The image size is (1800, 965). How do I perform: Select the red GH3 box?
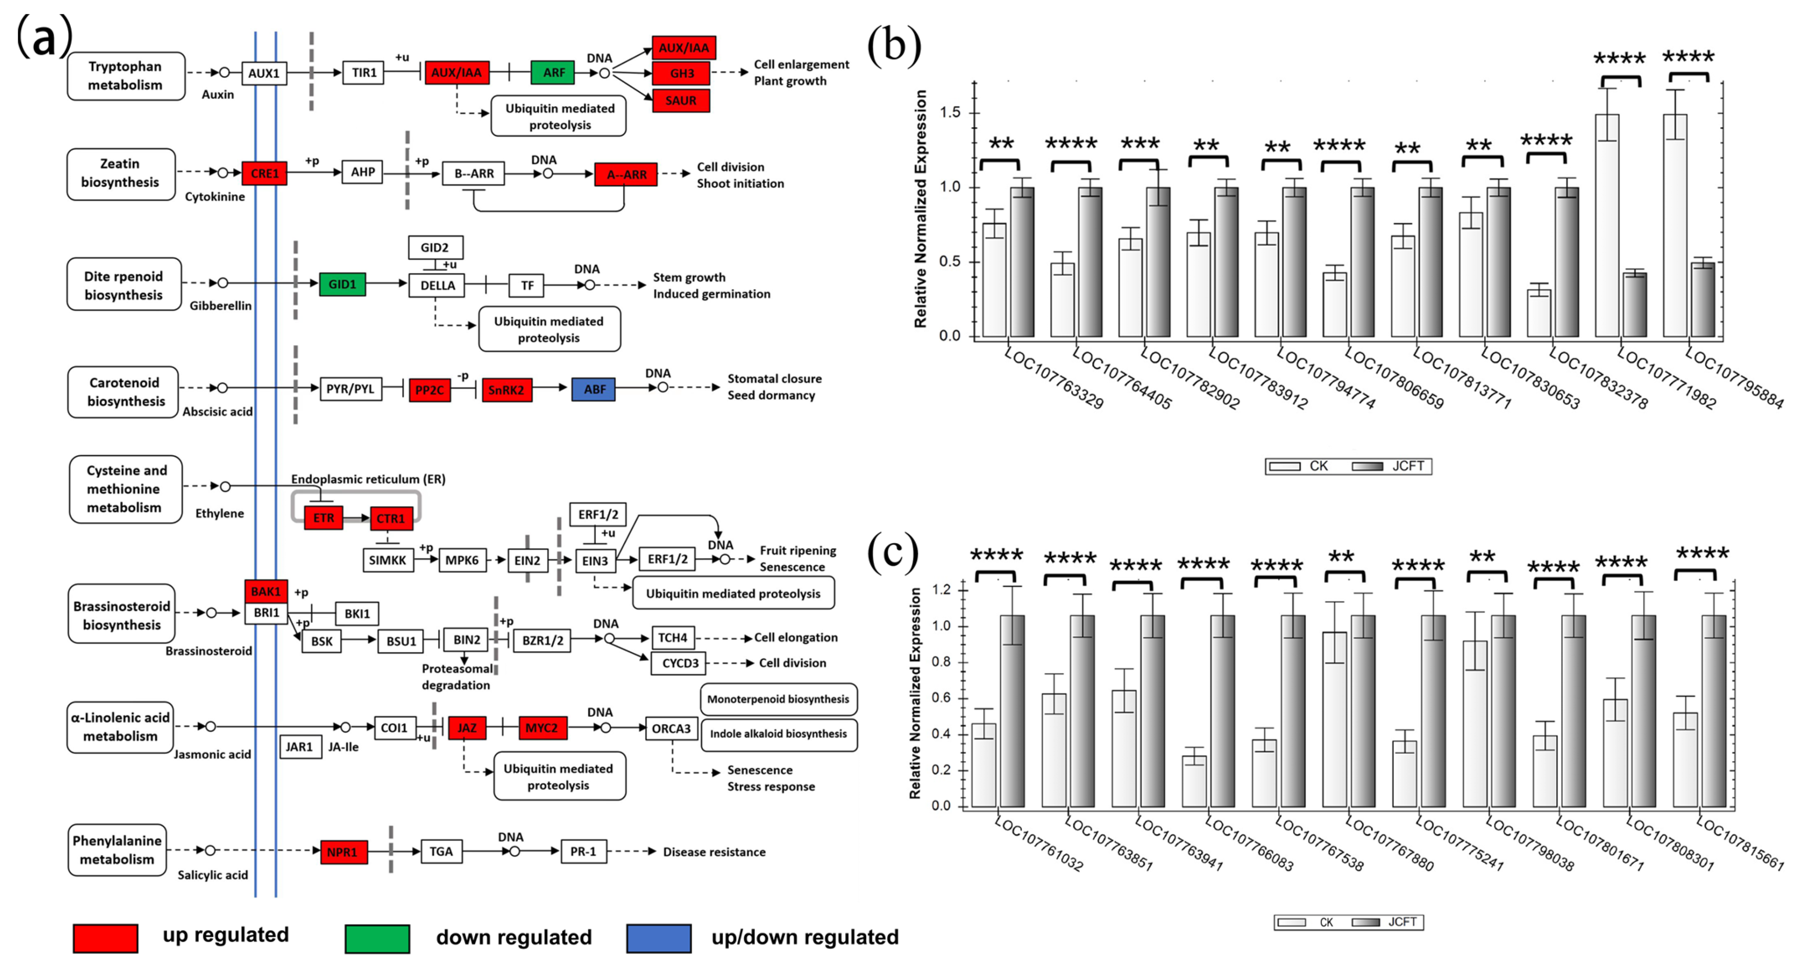tap(681, 73)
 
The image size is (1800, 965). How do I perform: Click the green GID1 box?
tap(343, 284)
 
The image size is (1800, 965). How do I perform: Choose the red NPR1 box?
tap(343, 852)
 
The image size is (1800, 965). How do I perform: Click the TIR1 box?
tap(363, 73)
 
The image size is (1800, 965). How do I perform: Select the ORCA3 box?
tap(671, 729)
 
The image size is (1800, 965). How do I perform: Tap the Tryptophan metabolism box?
tap(126, 76)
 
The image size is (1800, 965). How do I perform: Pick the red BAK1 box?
tap(266, 592)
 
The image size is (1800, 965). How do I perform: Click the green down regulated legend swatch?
tap(377, 938)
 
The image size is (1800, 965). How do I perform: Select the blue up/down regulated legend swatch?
tap(659, 938)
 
